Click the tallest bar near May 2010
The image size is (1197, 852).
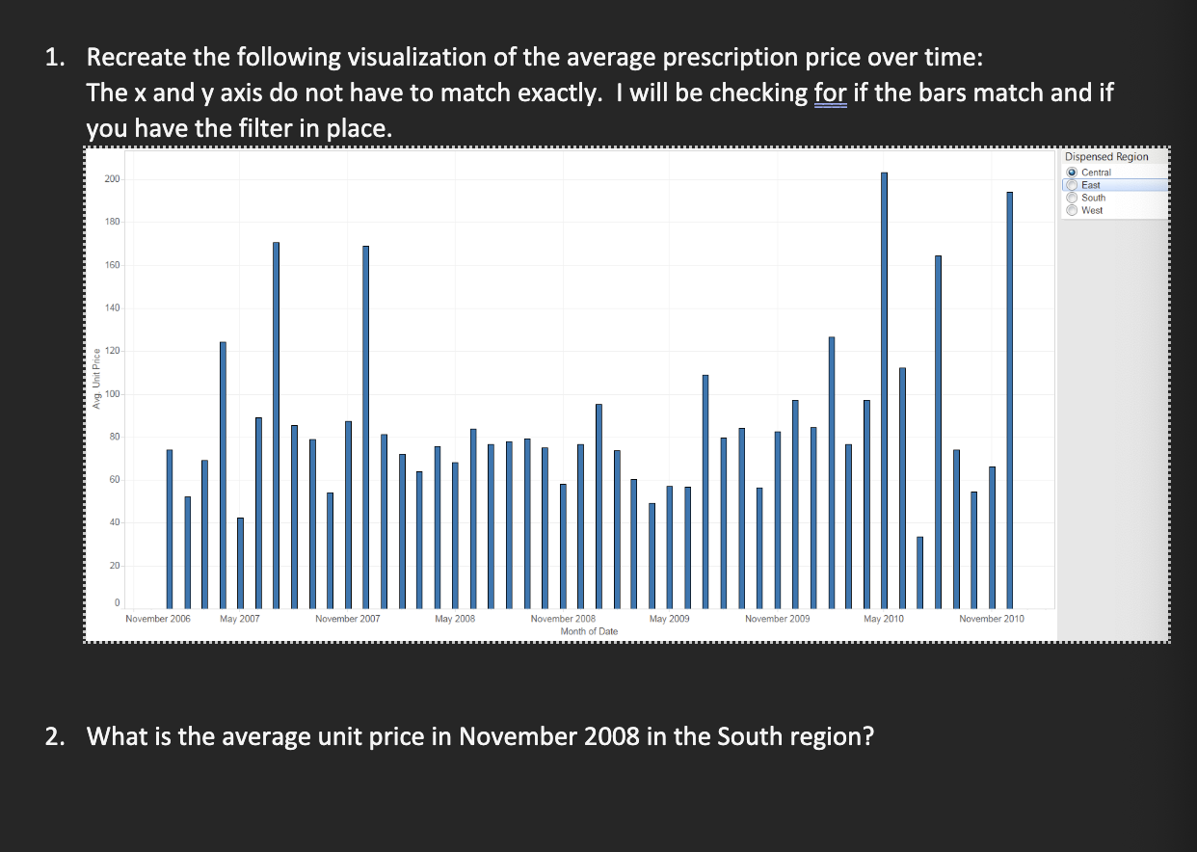click(884, 390)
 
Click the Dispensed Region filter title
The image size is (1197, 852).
click(1106, 156)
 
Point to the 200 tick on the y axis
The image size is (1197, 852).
click(113, 179)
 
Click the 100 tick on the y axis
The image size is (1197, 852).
click(113, 394)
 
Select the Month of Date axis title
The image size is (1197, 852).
click(589, 631)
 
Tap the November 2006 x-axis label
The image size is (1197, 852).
click(158, 619)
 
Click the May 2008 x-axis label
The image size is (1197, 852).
click(455, 619)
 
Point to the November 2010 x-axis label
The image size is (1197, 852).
click(992, 619)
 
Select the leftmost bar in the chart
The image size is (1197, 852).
click(170, 529)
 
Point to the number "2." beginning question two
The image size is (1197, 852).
click(57, 737)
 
